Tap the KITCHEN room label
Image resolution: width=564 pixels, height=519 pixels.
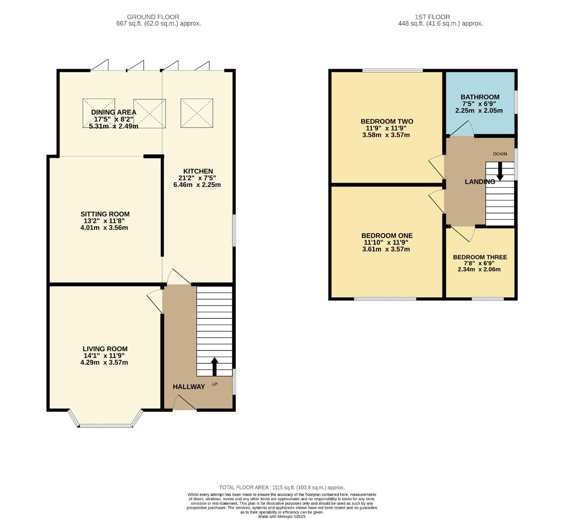197,171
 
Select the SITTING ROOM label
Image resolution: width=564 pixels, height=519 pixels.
105,214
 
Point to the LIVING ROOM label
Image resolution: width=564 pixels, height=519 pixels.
105,349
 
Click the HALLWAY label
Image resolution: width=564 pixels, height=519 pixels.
189,386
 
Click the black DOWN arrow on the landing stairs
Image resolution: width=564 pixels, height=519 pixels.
500,171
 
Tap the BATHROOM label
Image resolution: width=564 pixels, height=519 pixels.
480,97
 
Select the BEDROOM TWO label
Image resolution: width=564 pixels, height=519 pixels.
386,122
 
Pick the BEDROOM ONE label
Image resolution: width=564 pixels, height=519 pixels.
387,235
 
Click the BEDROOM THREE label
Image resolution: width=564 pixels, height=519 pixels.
479,257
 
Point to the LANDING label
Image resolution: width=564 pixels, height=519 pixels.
479,182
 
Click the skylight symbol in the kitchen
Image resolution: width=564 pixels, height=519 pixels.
196,113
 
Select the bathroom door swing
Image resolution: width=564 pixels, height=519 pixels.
461,128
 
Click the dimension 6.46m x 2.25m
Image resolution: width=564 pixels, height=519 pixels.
197,185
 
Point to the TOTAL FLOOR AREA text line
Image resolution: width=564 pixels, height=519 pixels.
282,487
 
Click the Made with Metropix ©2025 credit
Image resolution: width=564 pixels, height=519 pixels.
282,516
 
